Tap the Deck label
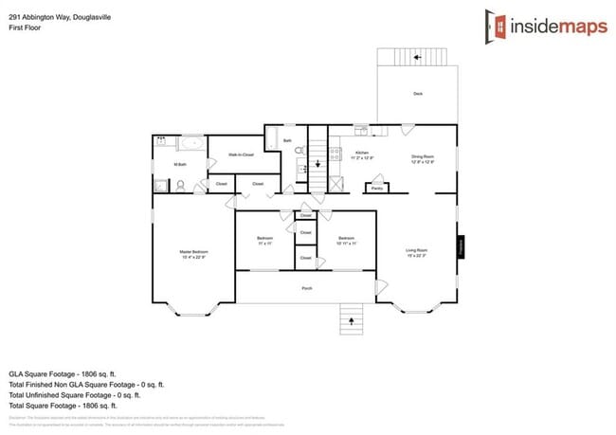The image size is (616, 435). (418, 94)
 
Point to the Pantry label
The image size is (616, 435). (377, 189)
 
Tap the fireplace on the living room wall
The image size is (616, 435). (462, 246)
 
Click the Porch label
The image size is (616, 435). (307, 288)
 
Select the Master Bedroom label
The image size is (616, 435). (193, 252)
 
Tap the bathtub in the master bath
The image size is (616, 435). (191, 145)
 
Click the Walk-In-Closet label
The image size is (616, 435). (242, 154)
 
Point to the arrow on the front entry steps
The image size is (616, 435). (353, 322)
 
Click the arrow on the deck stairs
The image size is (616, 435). (418, 57)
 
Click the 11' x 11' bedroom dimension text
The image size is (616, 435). (265, 244)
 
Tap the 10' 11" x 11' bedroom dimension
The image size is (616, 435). (346, 244)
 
